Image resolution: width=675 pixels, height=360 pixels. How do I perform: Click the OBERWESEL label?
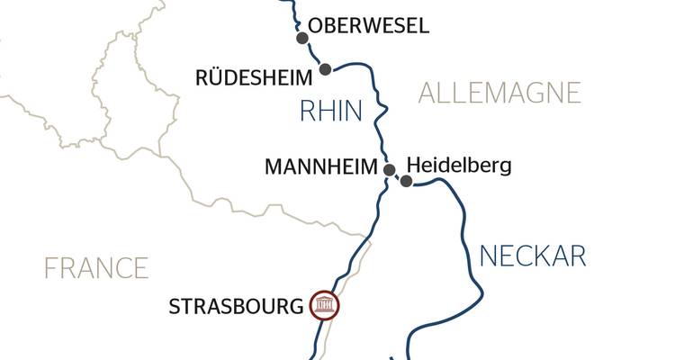pos(367,26)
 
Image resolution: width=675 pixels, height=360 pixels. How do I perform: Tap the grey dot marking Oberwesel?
pos(303,38)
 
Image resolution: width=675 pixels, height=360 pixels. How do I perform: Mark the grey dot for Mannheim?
pos(390,169)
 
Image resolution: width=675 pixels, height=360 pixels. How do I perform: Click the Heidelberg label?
pos(459,166)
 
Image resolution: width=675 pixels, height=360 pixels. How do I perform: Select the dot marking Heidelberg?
pos(406,182)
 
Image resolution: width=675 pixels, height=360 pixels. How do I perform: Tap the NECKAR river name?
pos(533,256)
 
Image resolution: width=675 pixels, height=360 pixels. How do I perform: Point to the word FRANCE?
pos(97,267)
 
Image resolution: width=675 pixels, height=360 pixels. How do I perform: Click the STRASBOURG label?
pos(237,307)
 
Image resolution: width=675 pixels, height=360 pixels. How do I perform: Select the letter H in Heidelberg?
pos(414,166)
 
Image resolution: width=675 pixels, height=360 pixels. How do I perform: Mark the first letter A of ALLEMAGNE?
pos(429,93)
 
